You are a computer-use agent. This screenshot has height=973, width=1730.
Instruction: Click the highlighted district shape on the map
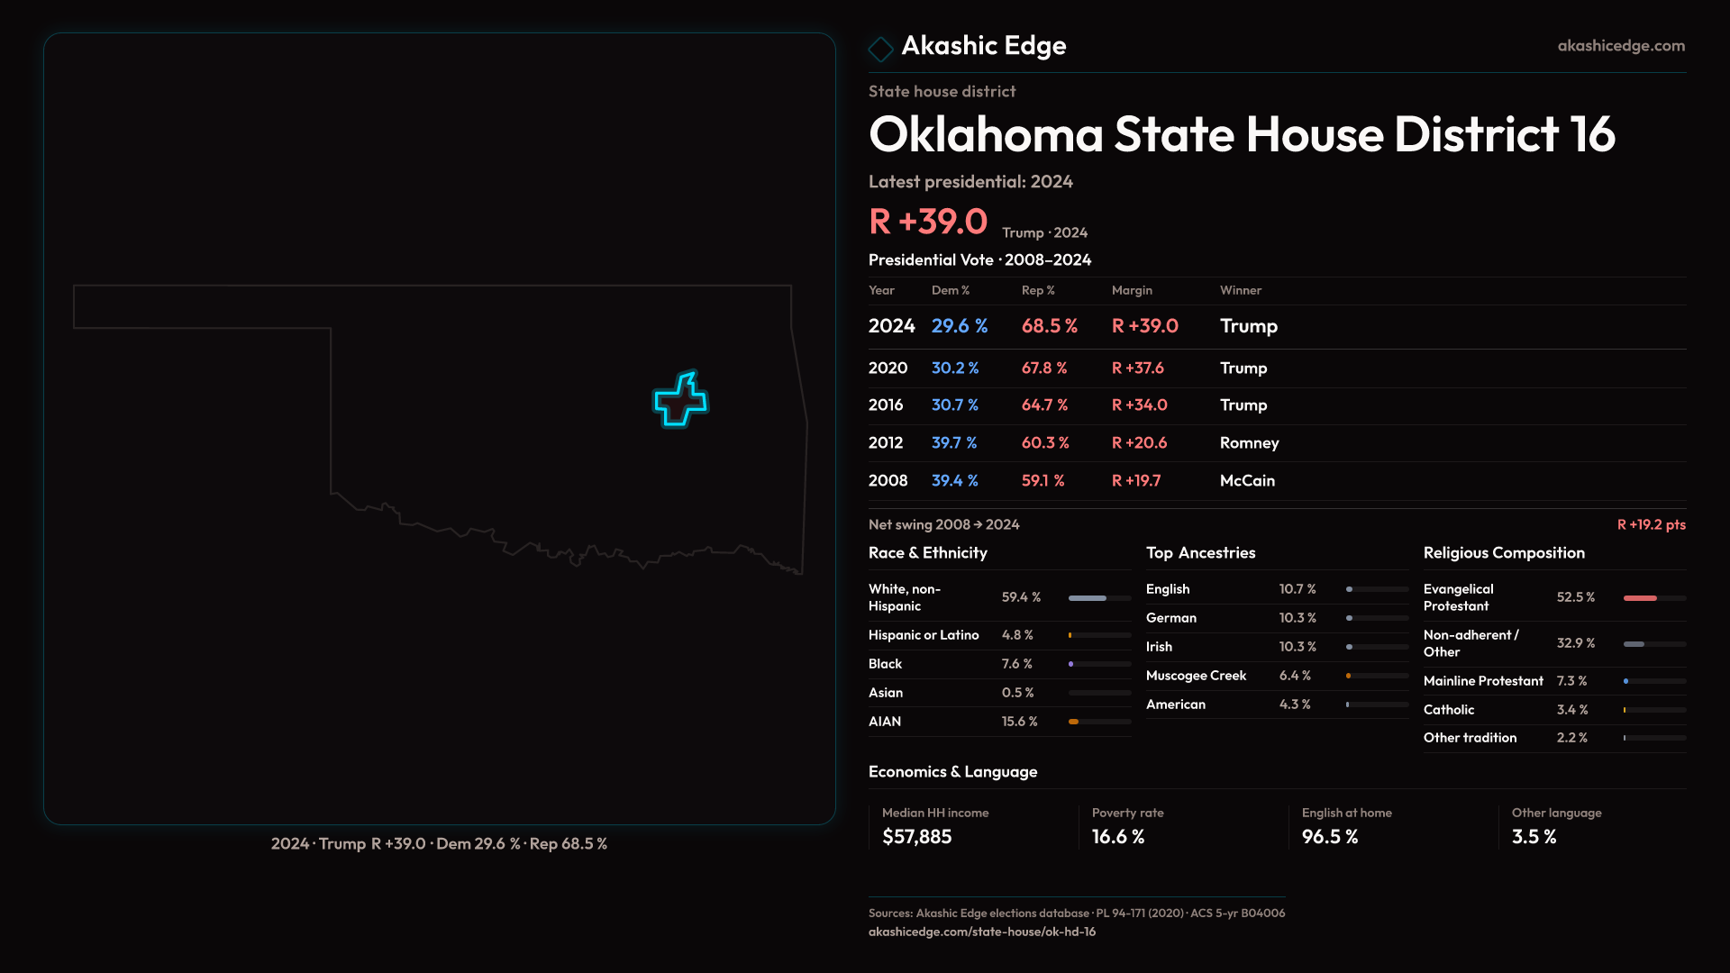click(681, 401)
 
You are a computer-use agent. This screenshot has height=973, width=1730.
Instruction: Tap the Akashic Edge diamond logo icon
click(880, 48)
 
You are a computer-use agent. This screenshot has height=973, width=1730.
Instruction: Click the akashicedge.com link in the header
click(1621, 46)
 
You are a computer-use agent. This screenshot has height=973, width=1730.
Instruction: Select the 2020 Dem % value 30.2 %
click(955, 368)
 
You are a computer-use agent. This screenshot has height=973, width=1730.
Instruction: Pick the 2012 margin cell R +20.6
click(1139, 443)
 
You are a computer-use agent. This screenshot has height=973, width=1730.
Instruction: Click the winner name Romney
click(1249, 443)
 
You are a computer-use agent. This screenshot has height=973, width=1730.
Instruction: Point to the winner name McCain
click(1247, 481)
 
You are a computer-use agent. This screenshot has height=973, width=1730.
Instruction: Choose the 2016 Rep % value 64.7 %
click(1044, 405)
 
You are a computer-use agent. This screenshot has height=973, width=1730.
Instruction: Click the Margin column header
click(1132, 290)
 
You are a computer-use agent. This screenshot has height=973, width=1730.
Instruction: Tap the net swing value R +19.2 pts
click(1651, 524)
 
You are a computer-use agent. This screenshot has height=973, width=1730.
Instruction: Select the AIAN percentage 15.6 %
click(1019, 722)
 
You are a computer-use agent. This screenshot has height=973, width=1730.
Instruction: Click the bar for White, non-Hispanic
click(1088, 598)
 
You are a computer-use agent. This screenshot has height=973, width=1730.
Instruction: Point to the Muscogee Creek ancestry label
click(1196, 676)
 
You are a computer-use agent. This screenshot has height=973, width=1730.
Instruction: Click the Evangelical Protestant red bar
click(1640, 598)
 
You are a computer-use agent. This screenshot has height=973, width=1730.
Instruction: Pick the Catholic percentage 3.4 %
click(1572, 710)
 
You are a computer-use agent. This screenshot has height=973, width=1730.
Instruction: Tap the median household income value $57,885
click(916, 837)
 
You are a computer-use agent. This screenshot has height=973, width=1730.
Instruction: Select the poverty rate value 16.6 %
click(1118, 837)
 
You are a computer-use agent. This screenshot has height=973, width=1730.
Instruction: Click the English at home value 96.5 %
click(1330, 837)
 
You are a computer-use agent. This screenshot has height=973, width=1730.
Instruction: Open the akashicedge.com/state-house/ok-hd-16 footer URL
click(981, 932)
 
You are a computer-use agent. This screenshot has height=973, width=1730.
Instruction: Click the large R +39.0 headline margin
click(928, 222)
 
